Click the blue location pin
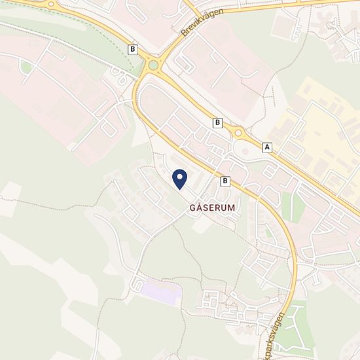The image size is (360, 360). pyautogui.click(x=179, y=179)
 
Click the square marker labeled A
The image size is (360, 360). pyautogui.click(x=266, y=147)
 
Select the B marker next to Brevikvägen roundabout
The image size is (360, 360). pyautogui.click(x=134, y=49)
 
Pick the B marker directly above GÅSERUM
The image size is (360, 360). pyautogui.click(x=226, y=181)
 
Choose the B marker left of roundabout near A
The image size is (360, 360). pyautogui.click(x=217, y=122)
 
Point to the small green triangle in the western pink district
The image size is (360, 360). pyautogui.click(x=26, y=67)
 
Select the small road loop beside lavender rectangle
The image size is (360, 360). pyautogui.click(x=137, y=285)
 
